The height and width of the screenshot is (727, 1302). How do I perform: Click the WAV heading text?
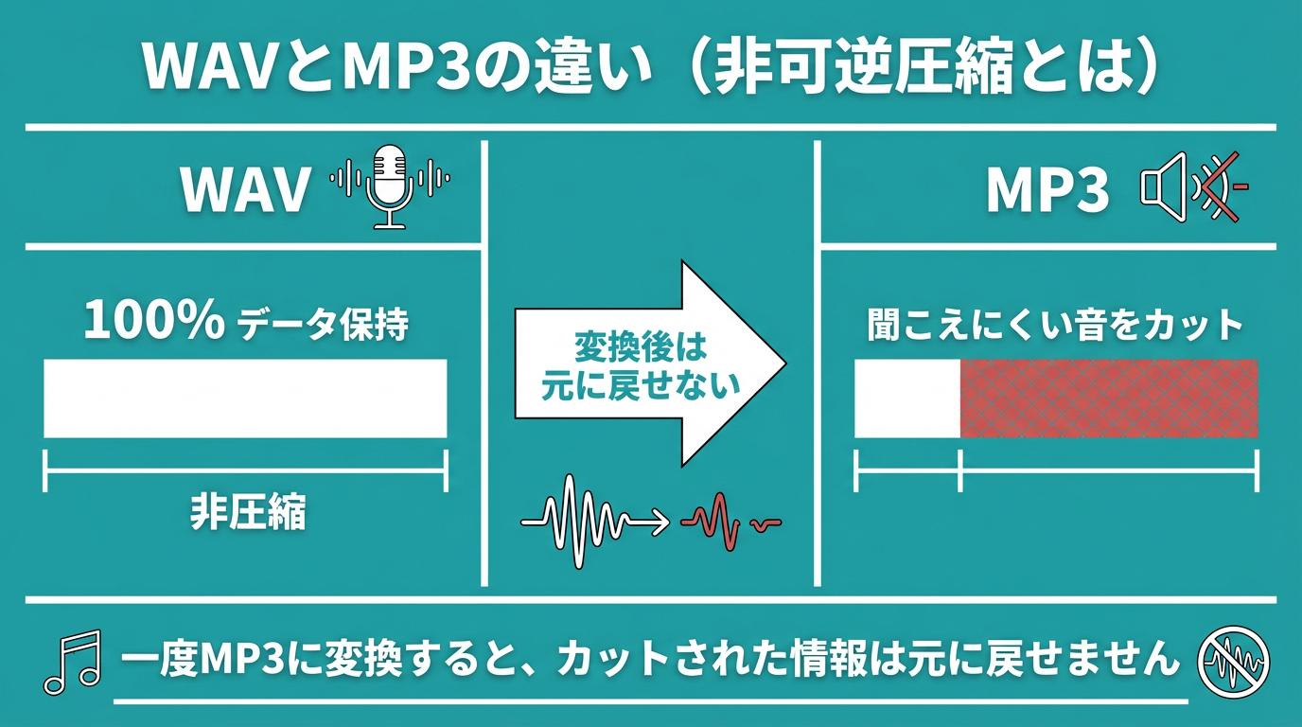pos(245,189)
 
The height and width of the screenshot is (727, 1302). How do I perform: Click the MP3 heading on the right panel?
pos(1047,190)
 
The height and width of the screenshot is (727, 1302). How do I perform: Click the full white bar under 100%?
pos(245,399)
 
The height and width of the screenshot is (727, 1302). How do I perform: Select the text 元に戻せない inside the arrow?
pos(641,386)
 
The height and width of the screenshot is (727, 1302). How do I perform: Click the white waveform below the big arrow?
pos(577,521)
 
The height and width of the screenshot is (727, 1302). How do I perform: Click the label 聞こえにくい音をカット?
pos(1055,326)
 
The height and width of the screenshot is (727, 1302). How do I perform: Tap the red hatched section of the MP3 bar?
pos(1109,399)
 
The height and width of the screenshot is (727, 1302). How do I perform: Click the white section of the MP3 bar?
pos(907,399)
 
